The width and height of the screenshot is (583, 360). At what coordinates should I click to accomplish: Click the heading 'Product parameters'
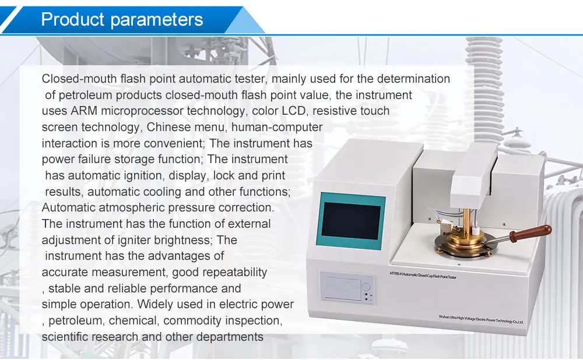122,19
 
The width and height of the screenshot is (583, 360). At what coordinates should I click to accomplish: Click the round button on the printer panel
365,286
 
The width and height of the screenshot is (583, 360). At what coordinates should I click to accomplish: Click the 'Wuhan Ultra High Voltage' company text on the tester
481,319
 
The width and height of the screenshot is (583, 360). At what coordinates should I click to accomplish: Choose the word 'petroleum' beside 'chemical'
74,320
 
